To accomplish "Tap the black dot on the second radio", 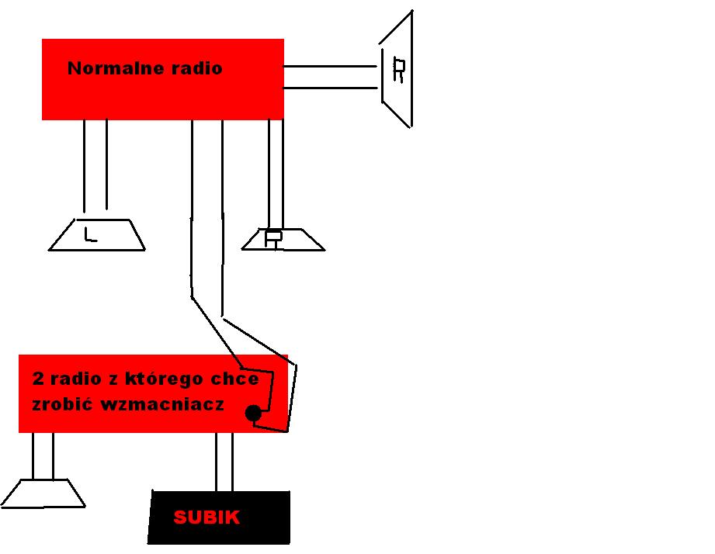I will (253, 413).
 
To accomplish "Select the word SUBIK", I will (207, 518).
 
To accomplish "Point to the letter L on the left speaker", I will (90, 234).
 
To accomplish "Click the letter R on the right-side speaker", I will (399, 71).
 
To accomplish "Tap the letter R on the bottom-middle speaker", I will (272, 238).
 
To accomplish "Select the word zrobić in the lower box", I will (61, 404).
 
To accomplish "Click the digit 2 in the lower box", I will (38, 379).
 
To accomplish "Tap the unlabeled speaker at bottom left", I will (43, 493).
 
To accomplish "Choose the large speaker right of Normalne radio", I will (397, 69).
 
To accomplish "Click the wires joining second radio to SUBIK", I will (224, 461).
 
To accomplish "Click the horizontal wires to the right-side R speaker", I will (331, 78).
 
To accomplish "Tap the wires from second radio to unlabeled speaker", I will (43, 455).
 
